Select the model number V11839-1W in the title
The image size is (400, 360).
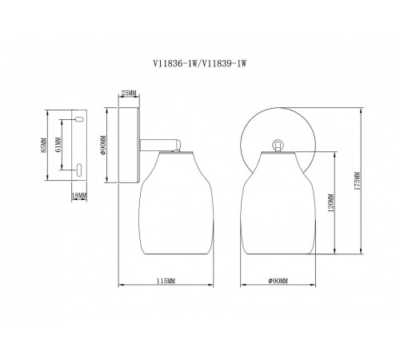223,64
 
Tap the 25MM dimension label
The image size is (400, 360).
129,93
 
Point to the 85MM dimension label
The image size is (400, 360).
44,146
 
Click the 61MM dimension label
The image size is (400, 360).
58,145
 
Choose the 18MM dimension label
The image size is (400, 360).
79,195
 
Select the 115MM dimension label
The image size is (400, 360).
166,281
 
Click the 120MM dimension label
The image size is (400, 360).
331,202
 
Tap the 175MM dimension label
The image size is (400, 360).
358,181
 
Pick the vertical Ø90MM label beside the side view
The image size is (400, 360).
103,146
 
